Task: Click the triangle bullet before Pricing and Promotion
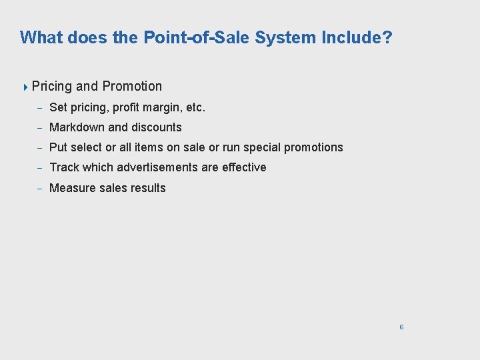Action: point(25,87)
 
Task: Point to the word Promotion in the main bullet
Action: point(132,86)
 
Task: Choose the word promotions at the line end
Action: point(313,147)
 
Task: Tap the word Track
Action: point(64,167)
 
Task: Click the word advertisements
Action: point(157,167)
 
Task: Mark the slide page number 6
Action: point(401,327)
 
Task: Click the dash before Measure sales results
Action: point(39,189)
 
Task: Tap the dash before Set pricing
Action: point(39,108)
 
